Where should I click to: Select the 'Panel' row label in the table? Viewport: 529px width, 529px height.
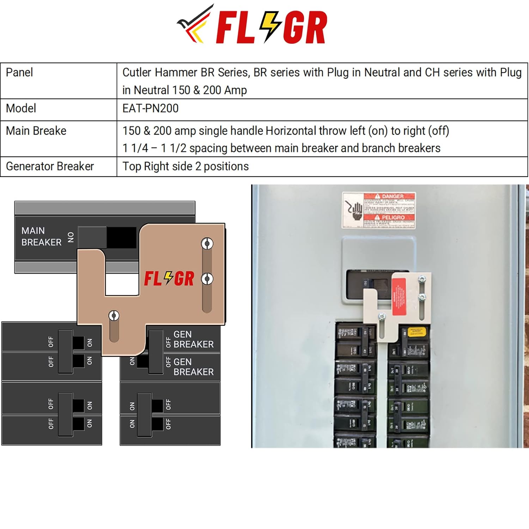pyautogui.click(x=19, y=73)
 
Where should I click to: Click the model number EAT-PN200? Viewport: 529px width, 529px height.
pyautogui.click(x=151, y=108)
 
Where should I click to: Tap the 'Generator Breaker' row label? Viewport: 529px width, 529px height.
pyautogui.click(x=50, y=166)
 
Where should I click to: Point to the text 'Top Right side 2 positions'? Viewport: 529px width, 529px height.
pyautogui.click(x=186, y=166)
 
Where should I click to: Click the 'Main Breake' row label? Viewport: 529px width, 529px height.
pyautogui.click(x=36, y=131)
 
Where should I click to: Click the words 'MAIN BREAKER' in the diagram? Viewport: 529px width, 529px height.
pyautogui.click(x=41, y=236)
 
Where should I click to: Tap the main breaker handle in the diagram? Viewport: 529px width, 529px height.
pyautogui.click(x=92, y=237)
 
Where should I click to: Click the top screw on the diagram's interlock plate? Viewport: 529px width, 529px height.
pyautogui.click(x=207, y=243)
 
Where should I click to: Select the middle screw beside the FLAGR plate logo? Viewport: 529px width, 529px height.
pyautogui.click(x=207, y=279)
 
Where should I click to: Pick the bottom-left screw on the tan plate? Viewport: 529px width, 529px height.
pyautogui.click(x=114, y=315)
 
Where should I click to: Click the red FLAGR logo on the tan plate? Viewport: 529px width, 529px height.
pyautogui.click(x=169, y=279)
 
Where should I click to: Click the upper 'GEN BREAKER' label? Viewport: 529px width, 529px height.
pyautogui.click(x=193, y=339)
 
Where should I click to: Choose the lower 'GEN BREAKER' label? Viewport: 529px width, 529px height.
pyautogui.click(x=193, y=367)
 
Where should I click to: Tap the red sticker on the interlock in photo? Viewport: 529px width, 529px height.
pyautogui.click(x=399, y=296)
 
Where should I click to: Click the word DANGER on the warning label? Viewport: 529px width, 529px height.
pyautogui.click(x=393, y=196)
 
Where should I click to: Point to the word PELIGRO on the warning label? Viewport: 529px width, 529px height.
pyautogui.click(x=393, y=217)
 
